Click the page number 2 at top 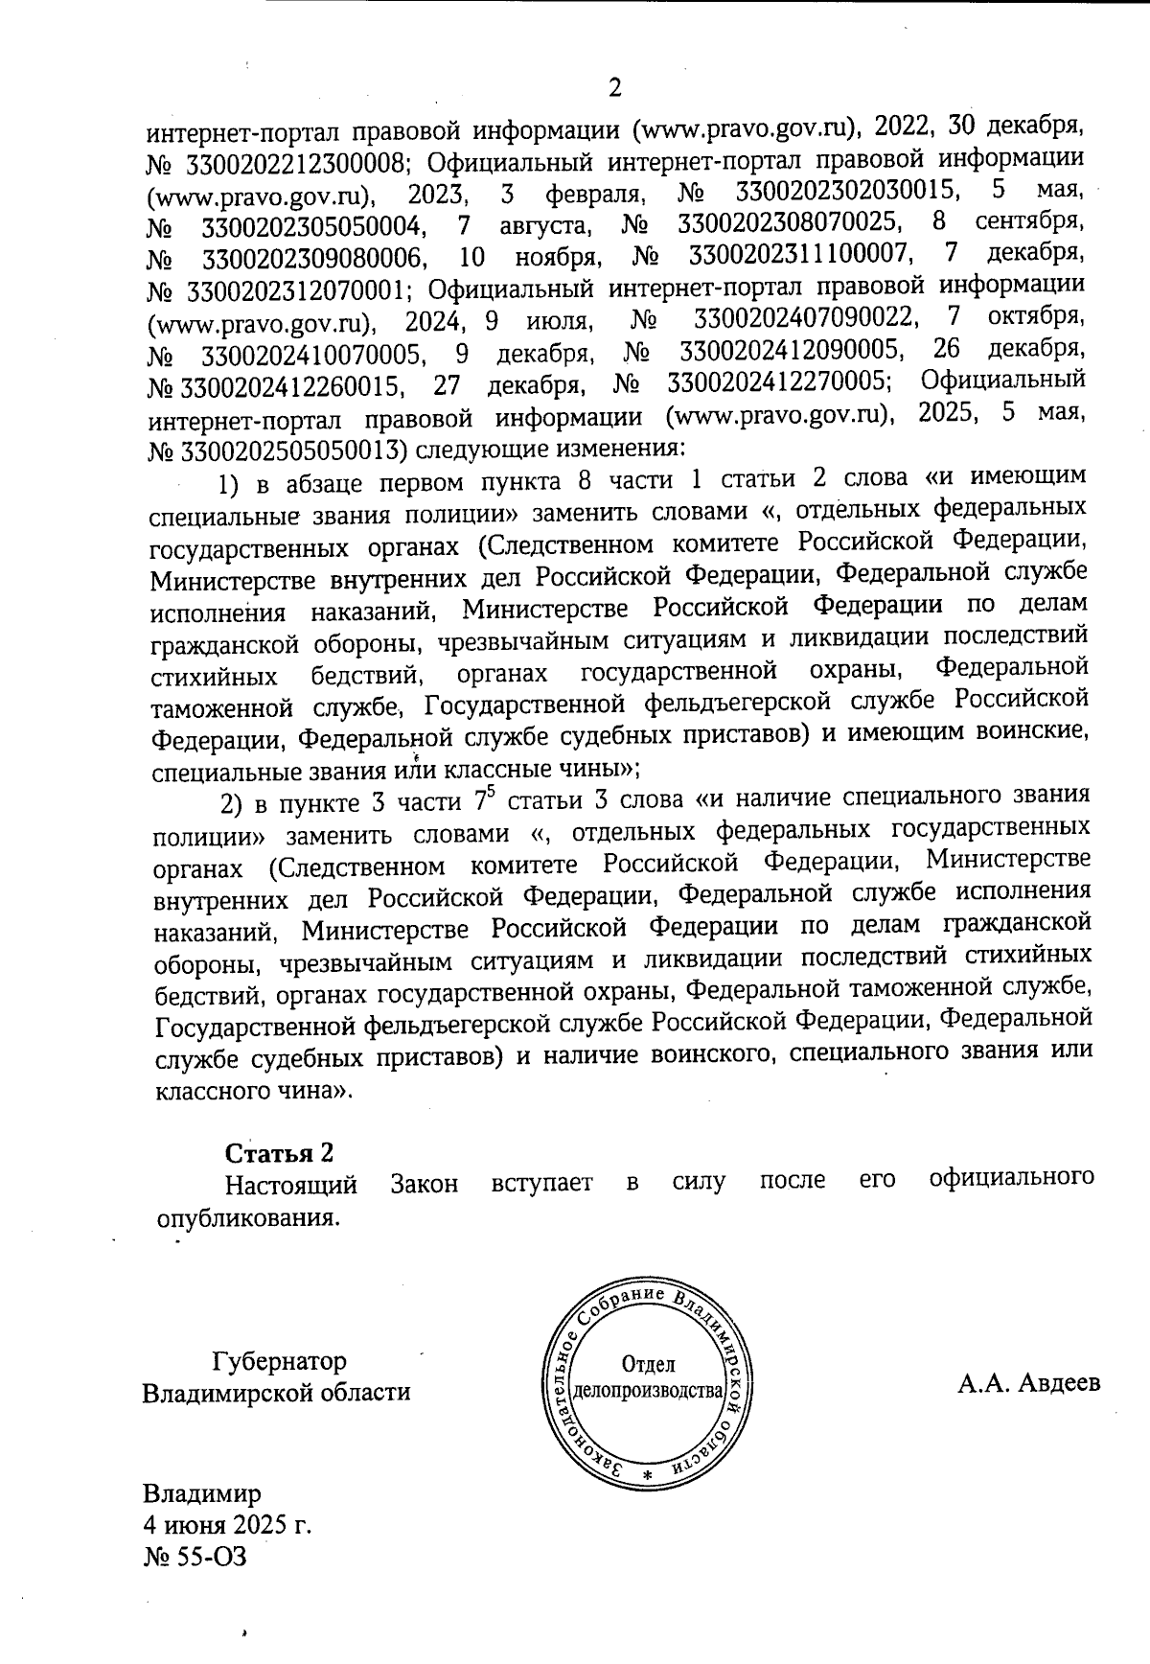click(614, 88)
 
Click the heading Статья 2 click(280, 1151)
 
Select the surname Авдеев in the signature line click(1059, 1383)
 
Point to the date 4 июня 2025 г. click(227, 1524)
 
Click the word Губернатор click(279, 1361)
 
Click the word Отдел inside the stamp click(649, 1364)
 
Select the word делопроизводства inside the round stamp click(647, 1390)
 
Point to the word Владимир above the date click(201, 1493)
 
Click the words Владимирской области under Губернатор click(276, 1392)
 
